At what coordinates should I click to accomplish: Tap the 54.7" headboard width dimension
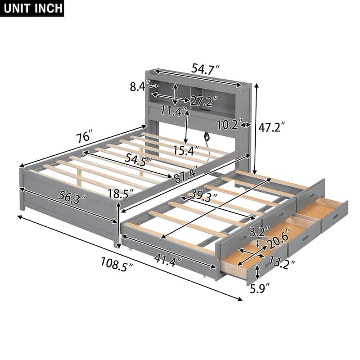(205, 69)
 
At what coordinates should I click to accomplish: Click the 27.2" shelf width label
(203, 99)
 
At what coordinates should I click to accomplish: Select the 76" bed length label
(84, 136)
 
